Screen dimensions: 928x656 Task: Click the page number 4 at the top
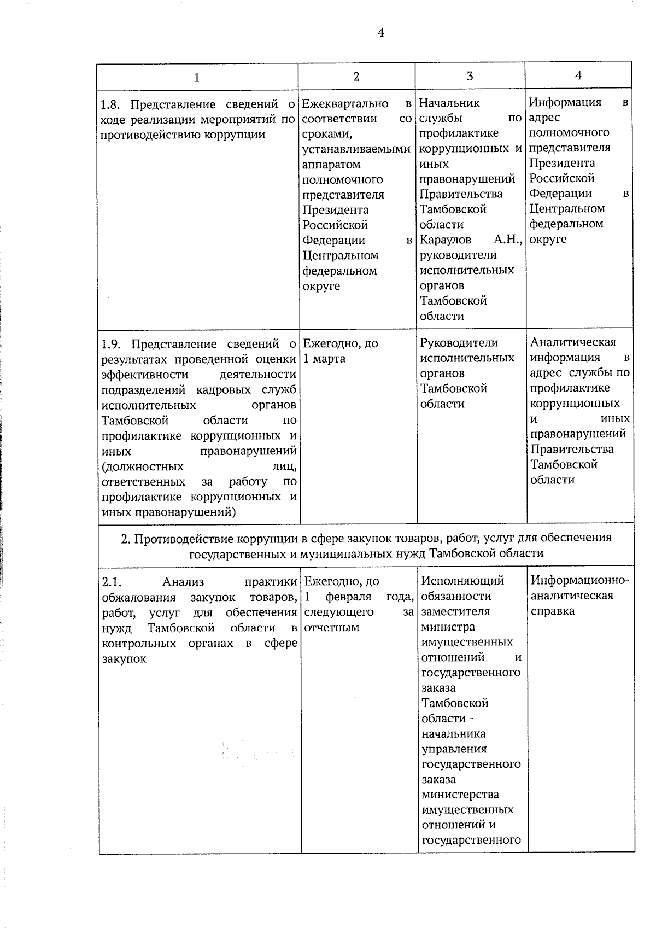(381, 33)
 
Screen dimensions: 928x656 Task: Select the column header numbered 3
(470, 76)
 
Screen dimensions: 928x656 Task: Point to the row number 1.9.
(112, 344)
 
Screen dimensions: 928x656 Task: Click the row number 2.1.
(112, 582)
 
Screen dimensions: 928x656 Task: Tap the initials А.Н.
(508, 240)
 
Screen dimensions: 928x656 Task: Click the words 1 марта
(325, 359)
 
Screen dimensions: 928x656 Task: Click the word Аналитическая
(573, 342)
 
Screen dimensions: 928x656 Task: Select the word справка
(552, 611)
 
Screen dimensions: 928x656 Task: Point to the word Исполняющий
(462, 581)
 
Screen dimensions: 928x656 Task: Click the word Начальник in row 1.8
(449, 103)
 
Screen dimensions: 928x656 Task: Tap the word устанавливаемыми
(356, 149)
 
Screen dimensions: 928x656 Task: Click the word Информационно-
(580, 580)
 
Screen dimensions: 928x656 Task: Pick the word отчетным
(331, 627)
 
